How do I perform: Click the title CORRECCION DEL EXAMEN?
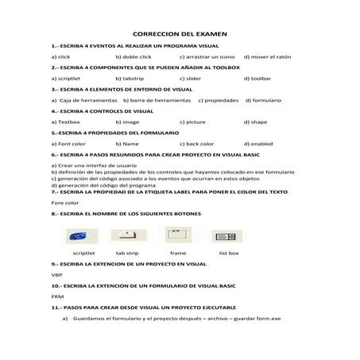click(x=180, y=34)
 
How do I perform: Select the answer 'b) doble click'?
click(x=133, y=57)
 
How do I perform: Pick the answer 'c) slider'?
click(x=195, y=79)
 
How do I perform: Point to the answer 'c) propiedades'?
click(x=218, y=100)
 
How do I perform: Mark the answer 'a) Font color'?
click(x=68, y=144)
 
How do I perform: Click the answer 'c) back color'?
click(x=199, y=144)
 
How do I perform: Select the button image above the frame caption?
click(x=176, y=234)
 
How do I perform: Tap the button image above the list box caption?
click(x=227, y=235)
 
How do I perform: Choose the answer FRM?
click(x=56, y=295)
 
